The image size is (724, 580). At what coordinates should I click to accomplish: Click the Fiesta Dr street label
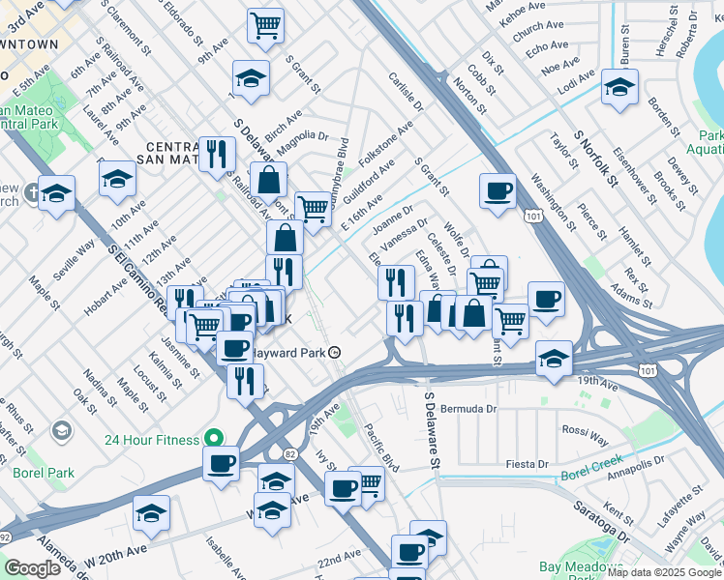[x=528, y=465]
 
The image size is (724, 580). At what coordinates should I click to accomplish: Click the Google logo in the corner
[x=32, y=568]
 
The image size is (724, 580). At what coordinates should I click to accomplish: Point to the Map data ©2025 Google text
[x=670, y=572]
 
